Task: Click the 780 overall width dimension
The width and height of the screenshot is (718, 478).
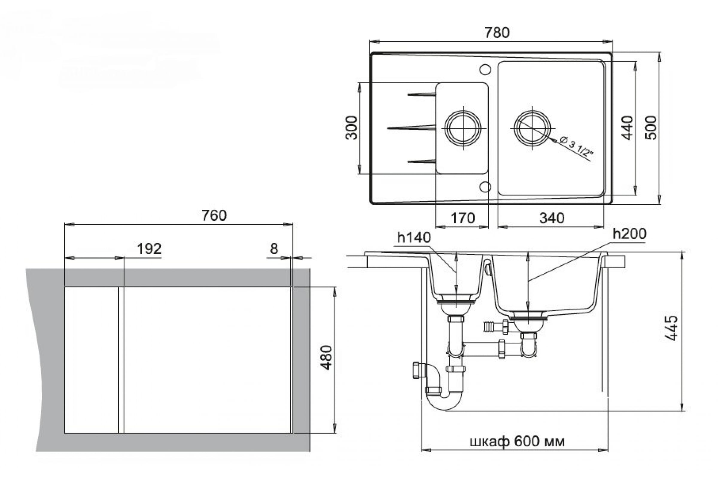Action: (497, 33)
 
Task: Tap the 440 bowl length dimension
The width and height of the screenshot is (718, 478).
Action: (627, 128)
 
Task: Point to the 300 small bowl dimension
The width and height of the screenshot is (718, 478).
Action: (351, 128)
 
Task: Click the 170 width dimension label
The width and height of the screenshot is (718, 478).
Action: (463, 218)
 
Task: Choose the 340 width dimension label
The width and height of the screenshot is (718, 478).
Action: (552, 218)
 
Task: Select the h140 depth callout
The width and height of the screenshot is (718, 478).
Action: (414, 238)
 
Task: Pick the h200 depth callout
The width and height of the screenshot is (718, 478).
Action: (629, 234)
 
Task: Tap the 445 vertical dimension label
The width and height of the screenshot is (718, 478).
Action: (671, 328)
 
